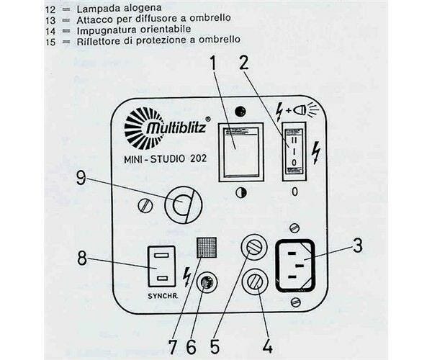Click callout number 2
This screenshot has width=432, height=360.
[245, 63]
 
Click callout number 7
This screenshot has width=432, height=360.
[171, 345]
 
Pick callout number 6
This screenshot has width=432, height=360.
[191, 345]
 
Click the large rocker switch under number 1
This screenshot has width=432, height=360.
[240, 150]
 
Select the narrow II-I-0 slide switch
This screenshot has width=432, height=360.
[294, 148]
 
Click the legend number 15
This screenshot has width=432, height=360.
[50, 40]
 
